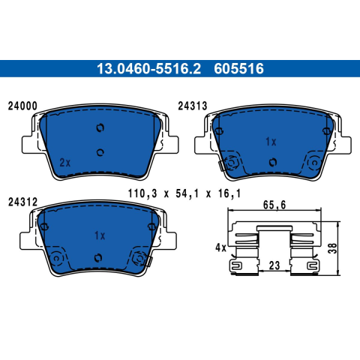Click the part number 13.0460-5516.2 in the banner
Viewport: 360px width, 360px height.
point(148,68)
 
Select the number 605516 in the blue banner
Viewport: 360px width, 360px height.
point(238,68)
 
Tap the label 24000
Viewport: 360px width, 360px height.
point(22,106)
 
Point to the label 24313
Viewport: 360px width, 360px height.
point(193,106)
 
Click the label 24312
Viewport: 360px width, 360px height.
point(22,202)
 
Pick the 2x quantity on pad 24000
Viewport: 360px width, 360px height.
point(65,163)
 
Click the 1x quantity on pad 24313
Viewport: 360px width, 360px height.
point(271,142)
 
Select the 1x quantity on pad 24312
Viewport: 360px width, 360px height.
point(100,235)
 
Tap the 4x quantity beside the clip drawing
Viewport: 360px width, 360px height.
point(220,248)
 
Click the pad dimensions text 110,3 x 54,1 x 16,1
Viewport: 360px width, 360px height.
point(184,193)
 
